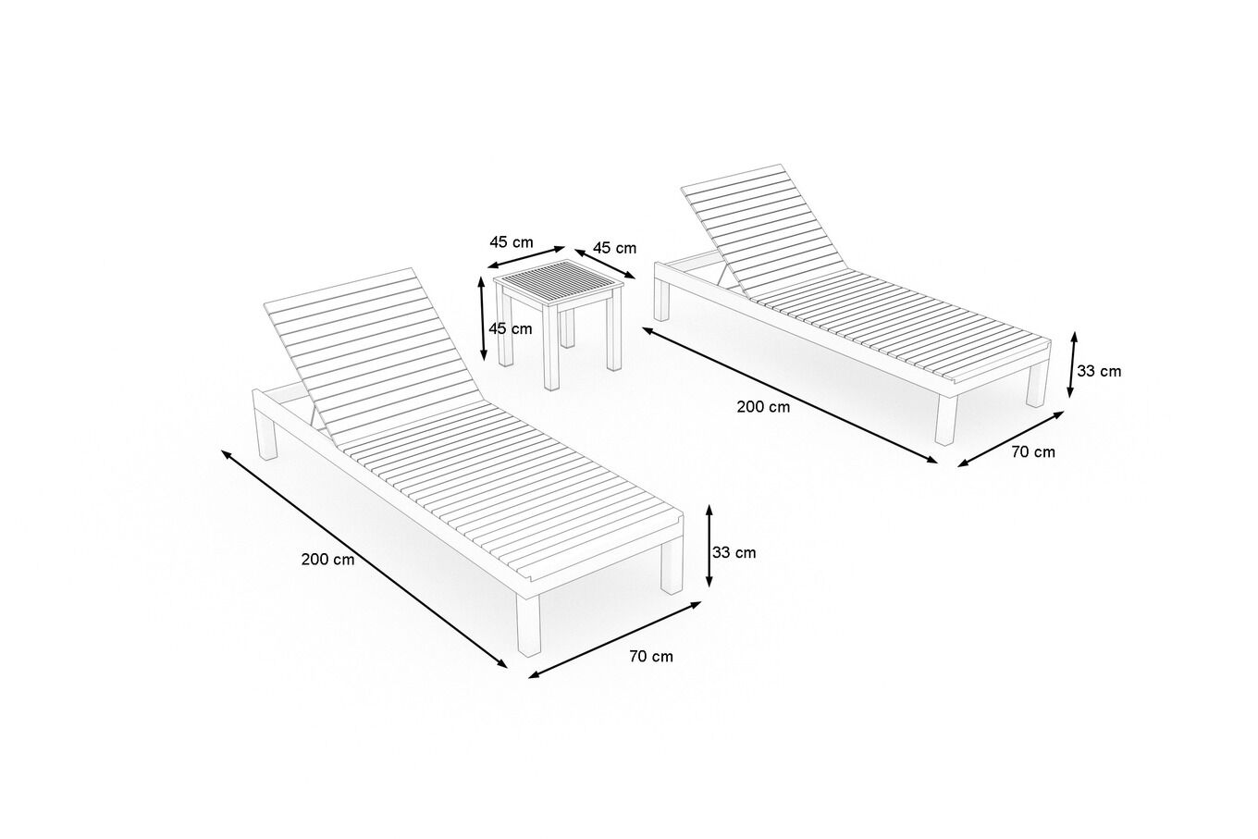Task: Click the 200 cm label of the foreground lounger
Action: (328, 560)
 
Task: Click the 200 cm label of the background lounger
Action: (763, 407)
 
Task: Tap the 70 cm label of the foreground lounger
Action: (651, 656)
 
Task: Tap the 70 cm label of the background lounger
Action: (1033, 451)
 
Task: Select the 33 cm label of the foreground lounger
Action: (734, 552)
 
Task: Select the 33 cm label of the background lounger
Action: (1099, 371)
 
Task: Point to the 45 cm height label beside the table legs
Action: (511, 328)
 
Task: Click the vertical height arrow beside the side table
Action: (482, 318)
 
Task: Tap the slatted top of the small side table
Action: (559, 285)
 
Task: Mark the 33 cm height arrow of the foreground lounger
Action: (709, 545)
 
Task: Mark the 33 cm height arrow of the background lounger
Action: (1072, 364)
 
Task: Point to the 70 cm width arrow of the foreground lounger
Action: (615, 640)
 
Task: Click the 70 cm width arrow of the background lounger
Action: (1010, 438)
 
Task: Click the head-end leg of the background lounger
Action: (662, 301)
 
